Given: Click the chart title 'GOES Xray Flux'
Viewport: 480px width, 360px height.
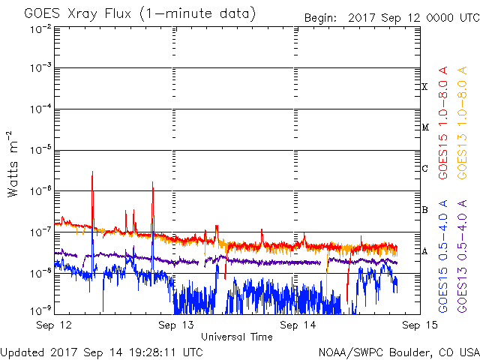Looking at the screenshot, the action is tap(78, 14).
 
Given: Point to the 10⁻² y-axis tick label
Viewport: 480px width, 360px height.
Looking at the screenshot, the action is tap(40, 30).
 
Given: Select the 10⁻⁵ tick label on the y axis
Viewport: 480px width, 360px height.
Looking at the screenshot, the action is tap(40, 149).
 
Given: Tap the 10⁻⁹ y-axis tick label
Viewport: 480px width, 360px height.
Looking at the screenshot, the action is tap(40, 310).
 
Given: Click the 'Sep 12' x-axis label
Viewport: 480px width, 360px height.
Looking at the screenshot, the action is tap(54, 325).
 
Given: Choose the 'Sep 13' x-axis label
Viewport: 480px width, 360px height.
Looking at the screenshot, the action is tap(175, 325).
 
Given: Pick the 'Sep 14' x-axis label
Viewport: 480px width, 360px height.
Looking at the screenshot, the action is tap(298, 325).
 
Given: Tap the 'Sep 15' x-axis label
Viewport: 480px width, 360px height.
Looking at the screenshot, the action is tap(420, 325).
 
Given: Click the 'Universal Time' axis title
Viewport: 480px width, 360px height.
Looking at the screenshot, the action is tap(237, 337).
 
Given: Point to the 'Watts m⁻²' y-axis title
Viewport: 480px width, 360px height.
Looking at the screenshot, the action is tap(13, 164).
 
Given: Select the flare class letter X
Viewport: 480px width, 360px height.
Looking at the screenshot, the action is tap(424, 87).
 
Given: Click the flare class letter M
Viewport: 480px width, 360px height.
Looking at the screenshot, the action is tap(425, 127).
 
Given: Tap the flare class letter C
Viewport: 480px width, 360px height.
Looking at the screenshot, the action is tap(424, 168).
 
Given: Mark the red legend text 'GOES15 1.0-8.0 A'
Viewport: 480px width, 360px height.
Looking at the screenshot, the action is tap(443, 122).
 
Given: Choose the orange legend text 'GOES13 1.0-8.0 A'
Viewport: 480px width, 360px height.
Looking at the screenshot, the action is tap(462, 122).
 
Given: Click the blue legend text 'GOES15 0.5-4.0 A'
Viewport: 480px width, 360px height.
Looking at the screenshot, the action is tap(443, 256).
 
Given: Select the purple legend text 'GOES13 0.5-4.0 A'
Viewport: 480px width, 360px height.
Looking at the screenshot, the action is tap(462, 256).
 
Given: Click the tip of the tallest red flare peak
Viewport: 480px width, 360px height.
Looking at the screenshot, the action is tap(92, 172).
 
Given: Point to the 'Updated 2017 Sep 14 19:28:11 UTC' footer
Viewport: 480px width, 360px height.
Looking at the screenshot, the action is tap(102, 352).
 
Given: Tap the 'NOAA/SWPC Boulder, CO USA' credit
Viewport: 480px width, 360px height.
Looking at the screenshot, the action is tap(399, 352).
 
